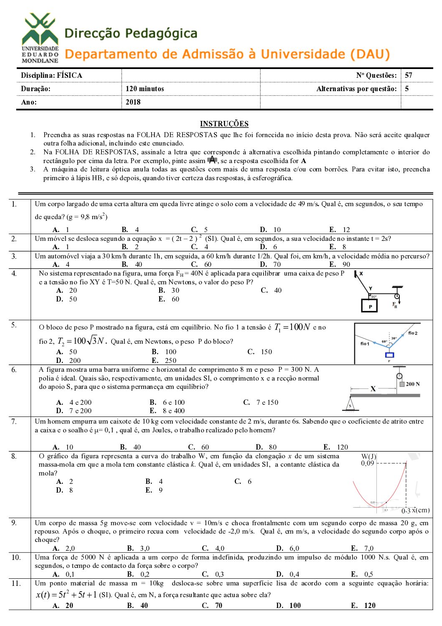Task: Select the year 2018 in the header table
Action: point(133,102)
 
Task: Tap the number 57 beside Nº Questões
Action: point(409,75)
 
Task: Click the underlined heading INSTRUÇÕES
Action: point(224,124)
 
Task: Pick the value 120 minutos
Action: point(145,89)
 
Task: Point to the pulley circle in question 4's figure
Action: point(397,296)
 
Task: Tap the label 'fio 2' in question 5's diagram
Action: point(412,333)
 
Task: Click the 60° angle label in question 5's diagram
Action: point(384,342)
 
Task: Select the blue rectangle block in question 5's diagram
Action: point(389,355)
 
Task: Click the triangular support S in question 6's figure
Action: point(350,404)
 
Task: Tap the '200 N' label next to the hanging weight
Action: point(413,384)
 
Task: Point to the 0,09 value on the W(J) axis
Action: point(368,463)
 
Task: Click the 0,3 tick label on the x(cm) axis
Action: point(406,511)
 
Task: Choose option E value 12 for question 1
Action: point(346,230)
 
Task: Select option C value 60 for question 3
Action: point(208,264)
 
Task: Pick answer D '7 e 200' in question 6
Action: point(80,411)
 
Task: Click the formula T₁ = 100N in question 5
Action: point(292,327)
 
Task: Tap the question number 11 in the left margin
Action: point(16,583)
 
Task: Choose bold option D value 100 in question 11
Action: point(295,606)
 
